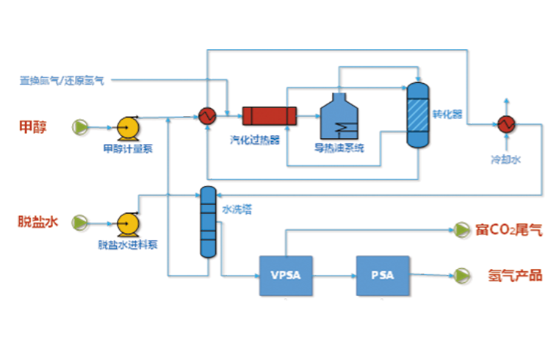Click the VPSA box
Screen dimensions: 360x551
click(287, 276)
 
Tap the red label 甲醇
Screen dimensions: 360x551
click(33, 127)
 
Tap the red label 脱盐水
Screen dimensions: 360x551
click(37, 221)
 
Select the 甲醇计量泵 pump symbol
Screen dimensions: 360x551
click(129, 128)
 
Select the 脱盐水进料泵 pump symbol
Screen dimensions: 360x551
click(129, 222)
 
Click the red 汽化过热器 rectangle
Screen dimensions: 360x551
click(269, 116)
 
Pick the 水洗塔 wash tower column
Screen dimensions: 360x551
click(208, 221)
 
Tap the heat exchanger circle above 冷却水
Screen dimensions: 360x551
click(505, 123)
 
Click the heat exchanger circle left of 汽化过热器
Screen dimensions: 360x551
click(206, 116)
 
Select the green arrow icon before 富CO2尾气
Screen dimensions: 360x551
click(461, 230)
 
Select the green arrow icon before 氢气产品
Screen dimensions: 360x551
click(461, 276)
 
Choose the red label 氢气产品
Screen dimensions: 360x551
click(515, 276)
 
